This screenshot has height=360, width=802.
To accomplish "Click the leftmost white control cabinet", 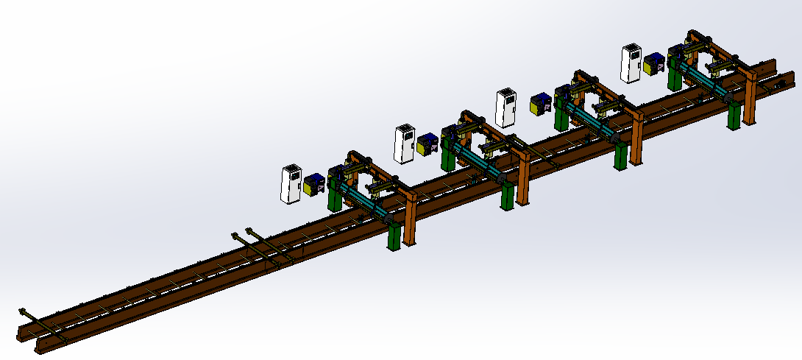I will (x=291, y=183).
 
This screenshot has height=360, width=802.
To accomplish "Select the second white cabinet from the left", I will (x=404, y=144).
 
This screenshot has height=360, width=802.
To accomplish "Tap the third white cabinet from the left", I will (x=506, y=108).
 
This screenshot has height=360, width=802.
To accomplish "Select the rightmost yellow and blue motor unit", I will (x=653, y=64).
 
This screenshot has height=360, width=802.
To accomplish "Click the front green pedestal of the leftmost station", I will (x=394, y=236).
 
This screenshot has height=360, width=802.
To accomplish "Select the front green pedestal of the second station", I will (x=507, y=197).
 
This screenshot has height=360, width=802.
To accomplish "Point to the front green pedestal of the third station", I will (x=621, y=157).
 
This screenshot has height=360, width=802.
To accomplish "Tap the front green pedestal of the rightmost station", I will (x=734, y=116).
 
